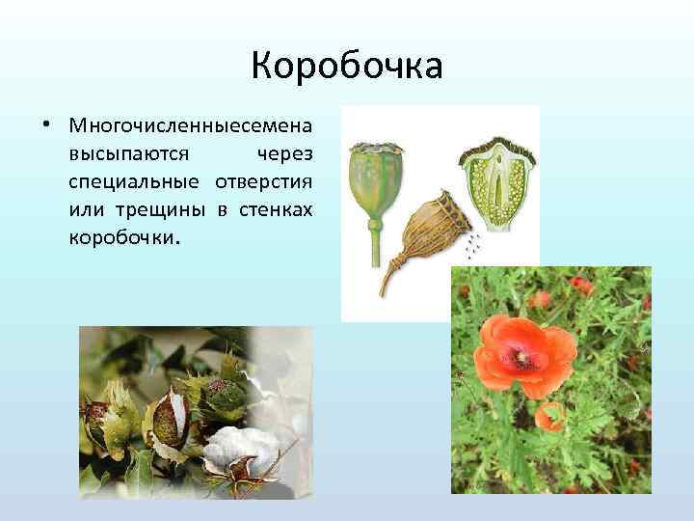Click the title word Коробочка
pyautogui.click(x=346, y=67)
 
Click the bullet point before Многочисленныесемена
pyautogui.click(x=46, y=126)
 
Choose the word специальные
pyautogui.click(x=134, y=182)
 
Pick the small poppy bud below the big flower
pyautogui.click(x=549, y=416)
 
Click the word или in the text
pyautogui.click(x=86, y=209)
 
